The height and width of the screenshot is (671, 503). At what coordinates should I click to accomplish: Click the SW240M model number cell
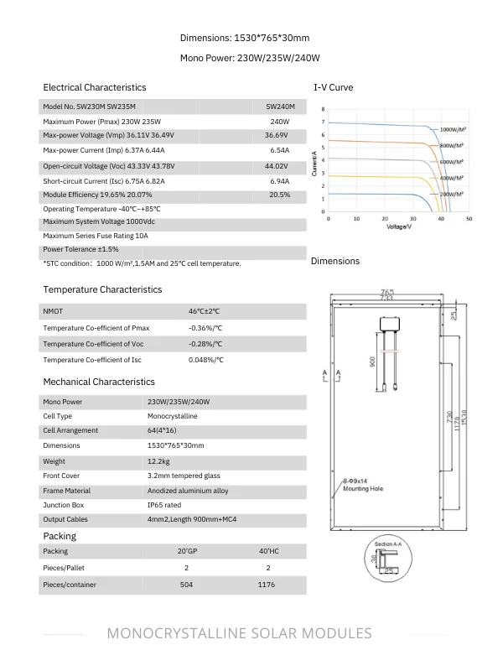pyautogui.click(x=280, y=107)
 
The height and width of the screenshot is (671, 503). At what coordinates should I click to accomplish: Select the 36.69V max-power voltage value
pyautogui.click(x=276, y=135)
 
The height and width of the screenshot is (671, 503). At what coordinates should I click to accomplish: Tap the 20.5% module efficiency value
pyautogui.click(x=279, y=195)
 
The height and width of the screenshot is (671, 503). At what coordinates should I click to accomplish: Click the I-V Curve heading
pyautogui.click(x=333, y=87)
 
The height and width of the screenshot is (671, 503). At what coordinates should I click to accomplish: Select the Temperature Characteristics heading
pyautogui.click(x=102, y=289)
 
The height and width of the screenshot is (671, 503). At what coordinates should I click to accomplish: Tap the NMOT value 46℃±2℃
pyautogui.click(x=205, y=311)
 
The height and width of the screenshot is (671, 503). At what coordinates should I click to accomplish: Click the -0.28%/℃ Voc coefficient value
pyautogui.click(x=205, y=344)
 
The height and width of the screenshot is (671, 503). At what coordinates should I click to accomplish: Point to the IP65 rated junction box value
pyautogui.click(x=164, y=505)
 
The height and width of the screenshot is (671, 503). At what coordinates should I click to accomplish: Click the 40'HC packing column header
pyautogui.click(x=267, y=552)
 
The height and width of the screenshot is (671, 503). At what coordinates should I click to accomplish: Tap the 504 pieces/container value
pyautogui.click(x=186, y=585)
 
